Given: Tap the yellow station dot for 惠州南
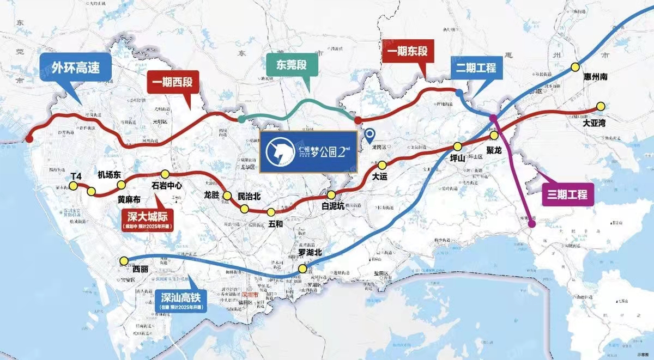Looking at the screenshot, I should tap(575, 67).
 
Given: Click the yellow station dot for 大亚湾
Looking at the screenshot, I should tap(600, 106).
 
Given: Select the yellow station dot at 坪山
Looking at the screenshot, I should tap(457, 146).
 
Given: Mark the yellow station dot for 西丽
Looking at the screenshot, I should tap(124, 261).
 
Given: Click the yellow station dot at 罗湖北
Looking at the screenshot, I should tap(303, 269).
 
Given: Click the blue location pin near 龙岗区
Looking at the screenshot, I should tap(370, 133).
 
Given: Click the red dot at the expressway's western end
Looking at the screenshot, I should tap(29, 139).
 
